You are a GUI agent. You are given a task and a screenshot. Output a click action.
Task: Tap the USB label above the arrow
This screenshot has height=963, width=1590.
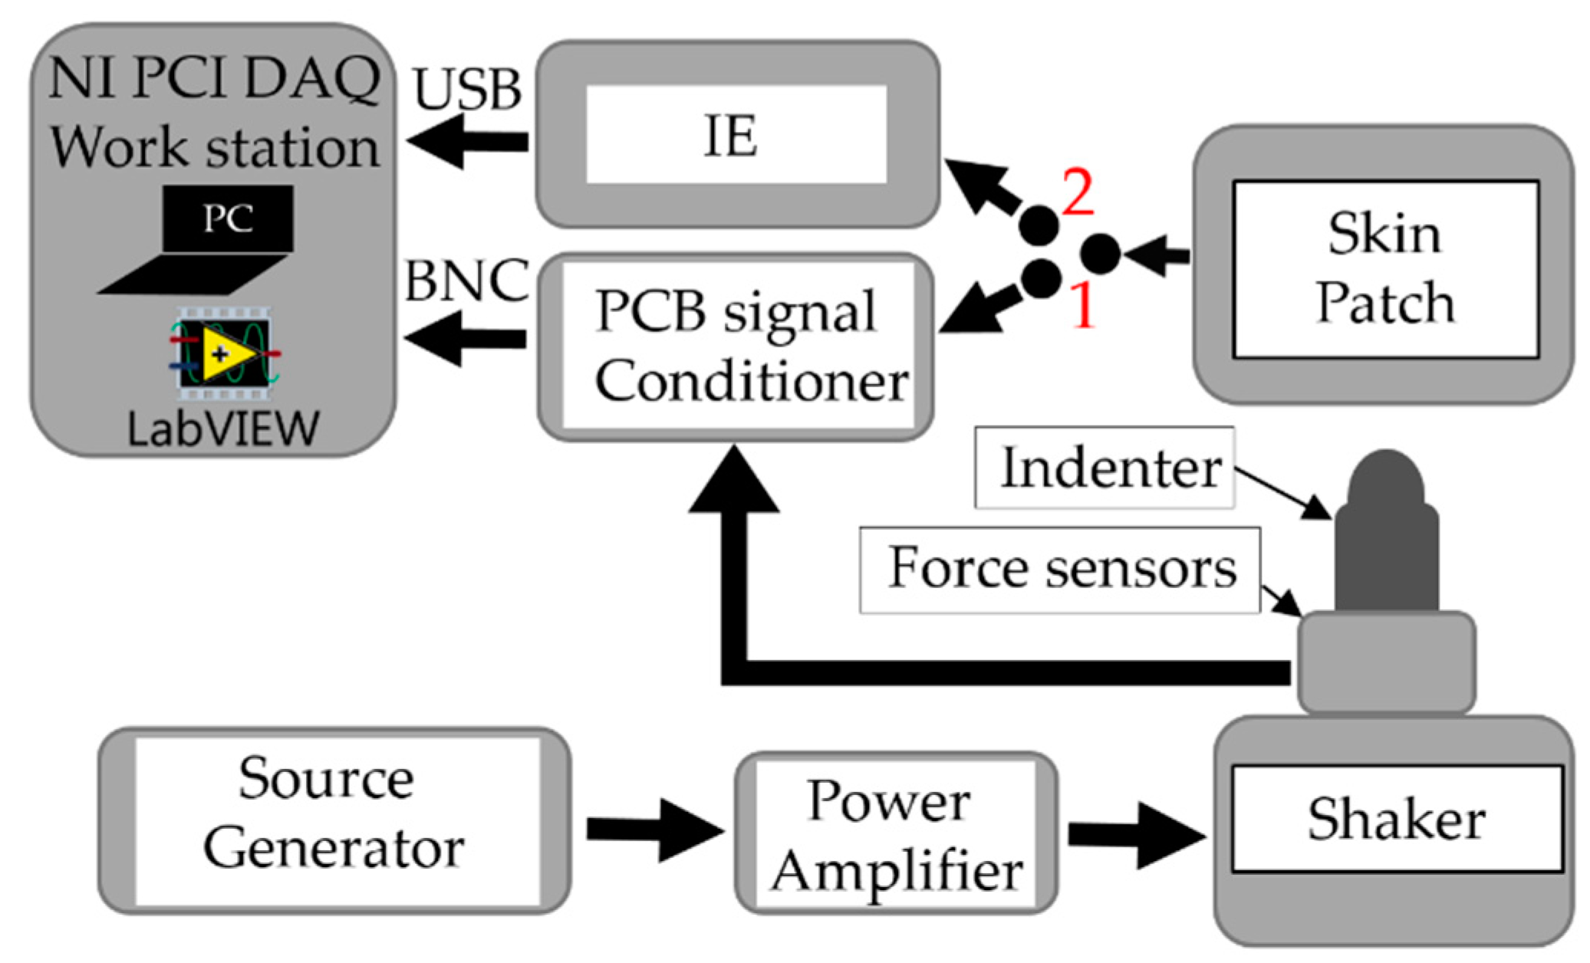(x=467, y=90)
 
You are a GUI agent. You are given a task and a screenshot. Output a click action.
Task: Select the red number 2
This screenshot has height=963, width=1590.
(x=1078, y=192)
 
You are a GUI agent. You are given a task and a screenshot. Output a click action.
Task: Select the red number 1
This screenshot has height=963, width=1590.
(x=1082, y=306)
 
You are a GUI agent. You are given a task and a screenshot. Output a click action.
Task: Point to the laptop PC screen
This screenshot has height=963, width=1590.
(x=228, y=219)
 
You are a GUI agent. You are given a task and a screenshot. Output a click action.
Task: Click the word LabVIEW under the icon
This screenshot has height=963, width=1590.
(x=223, y=429)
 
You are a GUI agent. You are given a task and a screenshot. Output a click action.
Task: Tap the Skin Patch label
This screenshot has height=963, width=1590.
(x=1384, y=268)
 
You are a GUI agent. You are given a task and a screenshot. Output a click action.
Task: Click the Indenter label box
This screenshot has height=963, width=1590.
(x=1104, y=468)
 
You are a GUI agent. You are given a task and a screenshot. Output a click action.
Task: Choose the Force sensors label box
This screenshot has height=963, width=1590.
(x=1059, y=569)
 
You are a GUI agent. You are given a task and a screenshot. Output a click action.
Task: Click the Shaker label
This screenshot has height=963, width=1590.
(x=1396, y=819)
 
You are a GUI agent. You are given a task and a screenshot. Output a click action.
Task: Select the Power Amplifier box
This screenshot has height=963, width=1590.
(x=895, y=833)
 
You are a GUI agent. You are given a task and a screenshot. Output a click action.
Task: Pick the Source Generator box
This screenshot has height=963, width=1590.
(x=334, y=820)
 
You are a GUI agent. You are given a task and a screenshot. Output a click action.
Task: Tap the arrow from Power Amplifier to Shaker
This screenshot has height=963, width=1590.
(x=1135, y=835)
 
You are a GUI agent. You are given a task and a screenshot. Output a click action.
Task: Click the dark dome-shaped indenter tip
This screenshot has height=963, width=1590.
(x=1385, y=479)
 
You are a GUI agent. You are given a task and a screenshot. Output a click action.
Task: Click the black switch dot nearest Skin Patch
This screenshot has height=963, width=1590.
(x=1101, y=254)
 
